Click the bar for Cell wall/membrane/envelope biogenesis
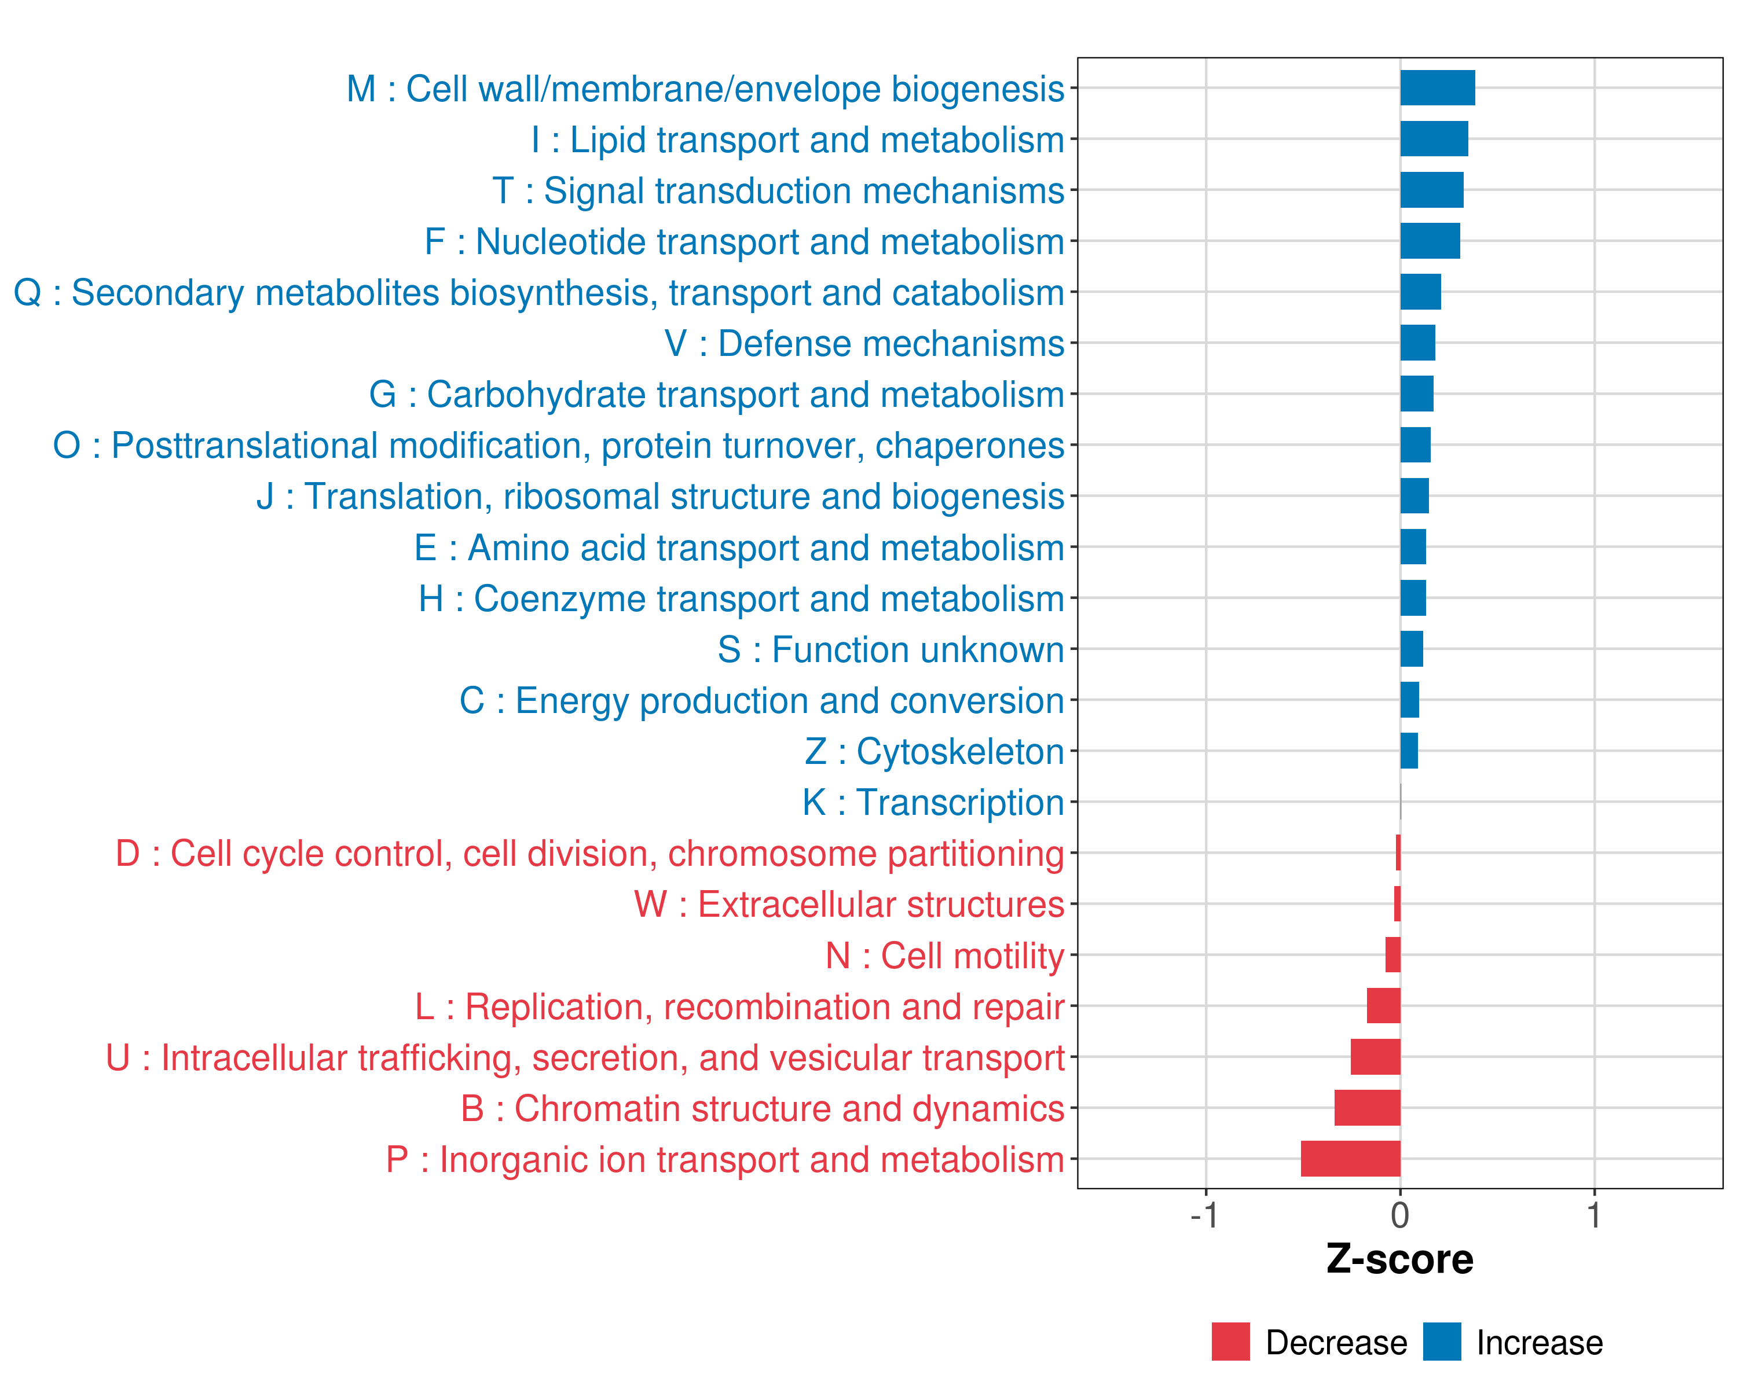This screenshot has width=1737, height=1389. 1437,88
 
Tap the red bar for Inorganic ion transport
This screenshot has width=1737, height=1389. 1350,1159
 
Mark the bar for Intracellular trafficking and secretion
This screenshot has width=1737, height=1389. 1375,1056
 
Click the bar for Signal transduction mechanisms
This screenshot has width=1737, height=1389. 1432,190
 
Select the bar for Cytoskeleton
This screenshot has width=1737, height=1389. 1409,751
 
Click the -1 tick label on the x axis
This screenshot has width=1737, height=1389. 1204,1215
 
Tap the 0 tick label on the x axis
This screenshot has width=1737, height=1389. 1400,1215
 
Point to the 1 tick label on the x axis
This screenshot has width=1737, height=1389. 1593,1215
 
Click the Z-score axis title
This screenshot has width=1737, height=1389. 1399,1259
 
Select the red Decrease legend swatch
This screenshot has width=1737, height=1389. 1230,1342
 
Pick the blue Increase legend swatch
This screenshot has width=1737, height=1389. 1441,1342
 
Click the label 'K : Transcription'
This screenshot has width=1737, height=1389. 933,803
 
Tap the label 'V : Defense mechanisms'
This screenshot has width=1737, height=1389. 864,344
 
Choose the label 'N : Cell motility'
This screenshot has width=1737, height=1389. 944,956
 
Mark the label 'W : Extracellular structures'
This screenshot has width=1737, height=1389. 848,904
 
